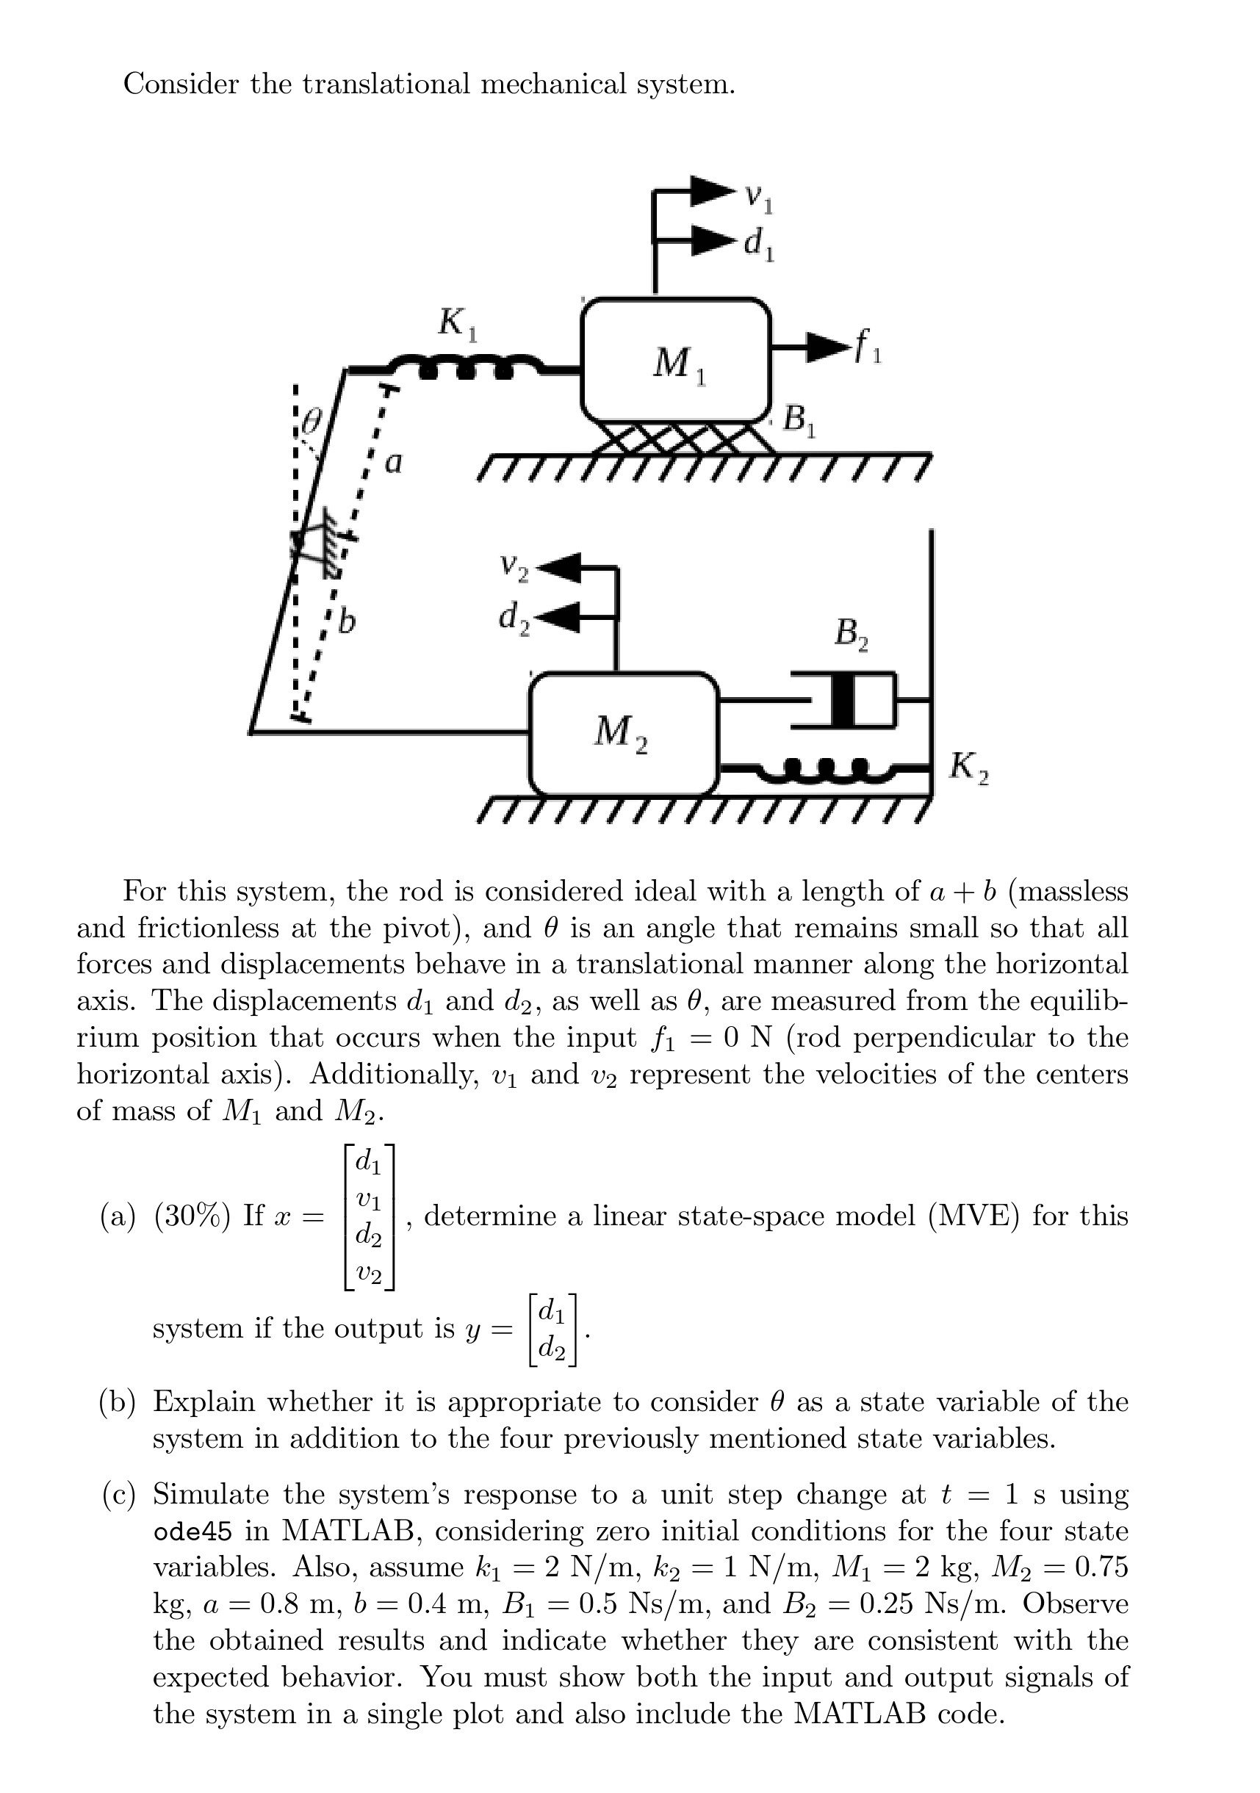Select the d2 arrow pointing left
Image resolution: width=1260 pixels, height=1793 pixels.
(563, 617)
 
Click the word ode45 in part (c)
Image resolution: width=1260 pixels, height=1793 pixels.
(192, 1532)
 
